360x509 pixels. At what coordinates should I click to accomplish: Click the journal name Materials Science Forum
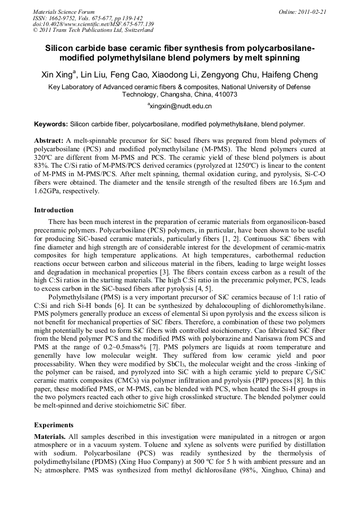tap(64, 11)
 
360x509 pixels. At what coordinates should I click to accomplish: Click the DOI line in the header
tap(93, 24)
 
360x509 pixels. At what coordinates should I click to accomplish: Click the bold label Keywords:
tap(51, 124)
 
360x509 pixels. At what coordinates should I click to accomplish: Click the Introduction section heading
tap(54, 210)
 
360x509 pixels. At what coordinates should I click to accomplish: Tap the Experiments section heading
tap(54, 425)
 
